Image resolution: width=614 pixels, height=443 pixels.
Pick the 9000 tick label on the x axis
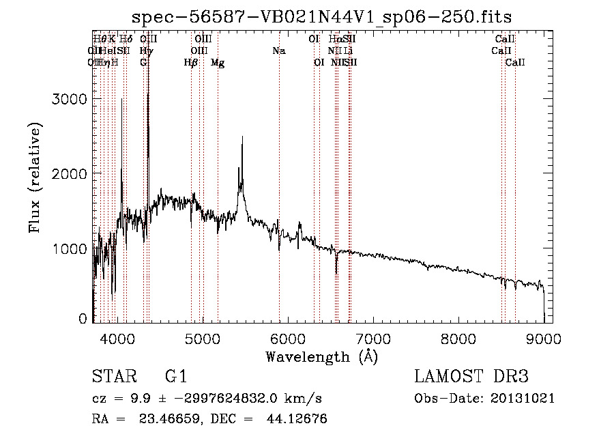click(x=544, y=337)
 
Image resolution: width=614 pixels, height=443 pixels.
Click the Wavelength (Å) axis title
click(x=321, y=356)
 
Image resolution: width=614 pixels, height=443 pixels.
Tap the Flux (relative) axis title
click(x=35, y=177)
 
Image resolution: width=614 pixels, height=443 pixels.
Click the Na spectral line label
click(x=278, y=51)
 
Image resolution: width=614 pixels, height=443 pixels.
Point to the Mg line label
click(x=217, y=63)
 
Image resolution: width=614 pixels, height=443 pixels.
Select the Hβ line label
click(x=191, y=63)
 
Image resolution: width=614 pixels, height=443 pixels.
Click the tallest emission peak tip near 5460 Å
click(x=242, y=137)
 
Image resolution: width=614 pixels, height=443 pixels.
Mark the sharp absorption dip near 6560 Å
click(x=336, y=274)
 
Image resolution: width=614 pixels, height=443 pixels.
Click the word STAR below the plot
click(x=111, y=377)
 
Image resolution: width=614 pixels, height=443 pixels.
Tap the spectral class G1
click(x=175, y=377)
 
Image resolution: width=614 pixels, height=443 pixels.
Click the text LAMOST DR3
click(x=471, y=377)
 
